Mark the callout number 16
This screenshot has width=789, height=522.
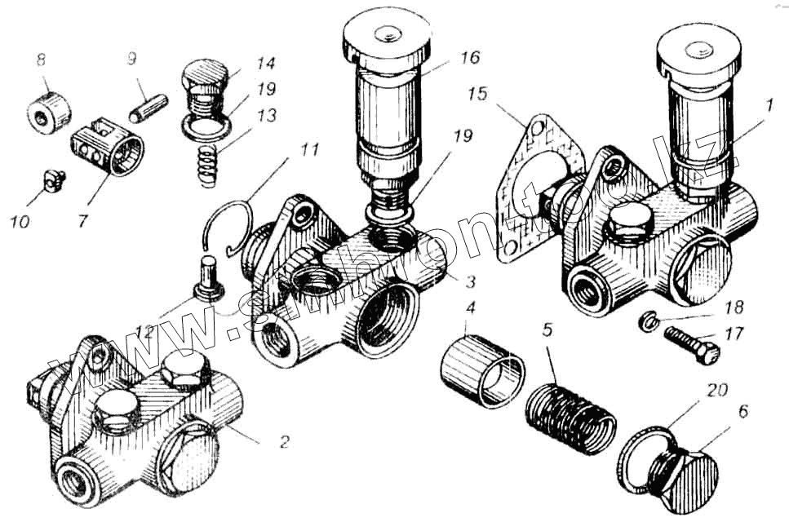tap(469, 57)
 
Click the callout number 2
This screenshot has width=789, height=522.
tap(283, 443)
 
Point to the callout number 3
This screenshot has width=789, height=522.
tap(471, 282)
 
